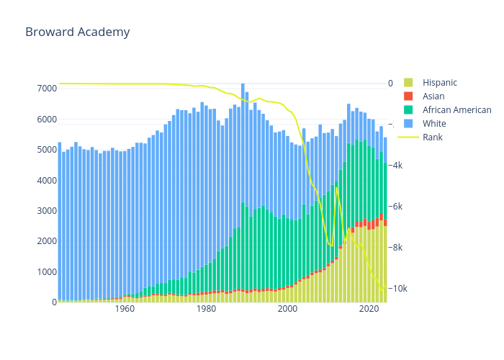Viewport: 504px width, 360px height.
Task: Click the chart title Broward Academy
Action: (x=78, y=32)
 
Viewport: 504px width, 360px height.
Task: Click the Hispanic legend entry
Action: (x=439, y=83)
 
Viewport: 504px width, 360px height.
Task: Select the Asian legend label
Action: (x=433, y=96)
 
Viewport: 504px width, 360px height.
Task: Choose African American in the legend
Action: (x=456, y=110)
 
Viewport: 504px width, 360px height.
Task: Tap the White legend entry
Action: (x=434, y=124)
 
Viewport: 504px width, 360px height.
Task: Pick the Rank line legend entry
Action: (x=432, y=138)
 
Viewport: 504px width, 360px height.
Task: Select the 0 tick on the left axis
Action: (x=53, y=302)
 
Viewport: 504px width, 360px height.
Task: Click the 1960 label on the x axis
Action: (x=125, y=310)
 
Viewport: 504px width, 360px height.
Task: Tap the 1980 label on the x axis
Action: (x=207, y=310)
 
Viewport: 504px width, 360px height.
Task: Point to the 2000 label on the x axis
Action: (x=288, y=310)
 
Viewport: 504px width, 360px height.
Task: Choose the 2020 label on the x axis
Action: (x=369, y=310)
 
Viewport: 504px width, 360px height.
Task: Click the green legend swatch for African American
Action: (x=408, y=110)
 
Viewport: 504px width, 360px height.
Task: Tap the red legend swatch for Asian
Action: (x=408, y=96)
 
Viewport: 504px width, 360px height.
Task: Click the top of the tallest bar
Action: (x=243, y=84)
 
